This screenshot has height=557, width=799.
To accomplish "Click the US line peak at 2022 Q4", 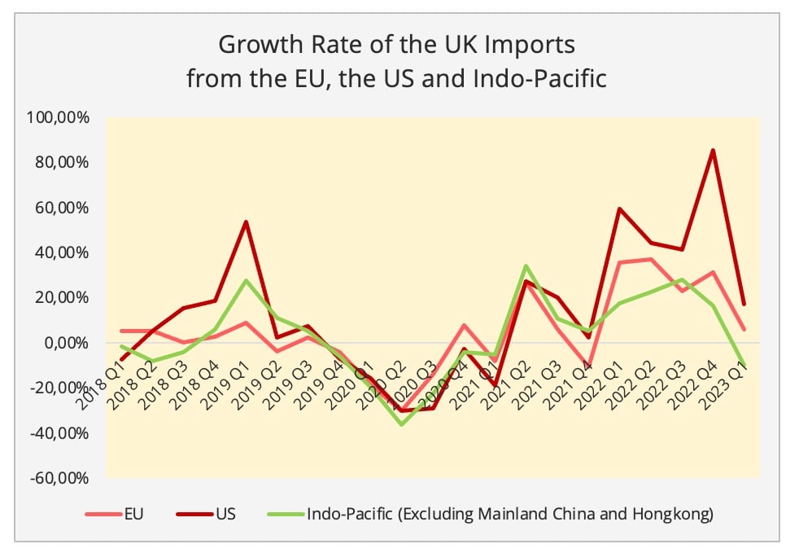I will [713, 150].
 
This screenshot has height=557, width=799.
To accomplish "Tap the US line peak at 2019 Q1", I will [246, 221].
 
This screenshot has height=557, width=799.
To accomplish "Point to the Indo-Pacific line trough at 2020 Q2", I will [401, 424].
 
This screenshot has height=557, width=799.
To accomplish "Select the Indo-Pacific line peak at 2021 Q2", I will [526, 265].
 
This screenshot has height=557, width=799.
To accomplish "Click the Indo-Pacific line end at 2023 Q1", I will [744, 366].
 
